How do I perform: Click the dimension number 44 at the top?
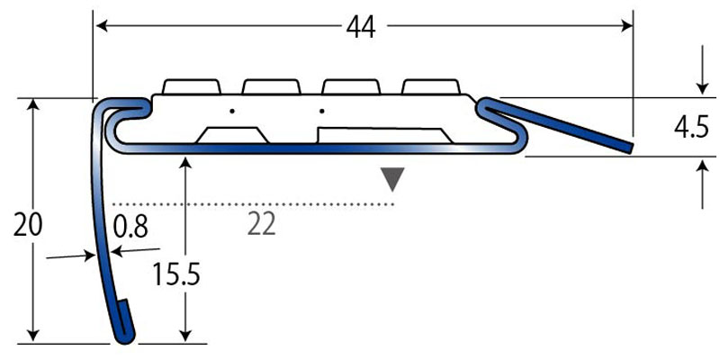pos(361,27)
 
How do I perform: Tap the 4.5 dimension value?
pos(690,129)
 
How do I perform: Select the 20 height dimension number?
pos(28,224)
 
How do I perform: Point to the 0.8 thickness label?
pos(130,225)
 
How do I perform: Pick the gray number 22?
pos(260,224)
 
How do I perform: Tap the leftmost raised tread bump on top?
pos(191,86)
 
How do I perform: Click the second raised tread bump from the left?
pos(271,86)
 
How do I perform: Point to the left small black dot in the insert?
pos(231,112)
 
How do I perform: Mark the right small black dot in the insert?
pos(321,112)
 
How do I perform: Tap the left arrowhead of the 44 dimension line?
pos(100,27)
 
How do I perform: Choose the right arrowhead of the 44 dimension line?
pos(627,27)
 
